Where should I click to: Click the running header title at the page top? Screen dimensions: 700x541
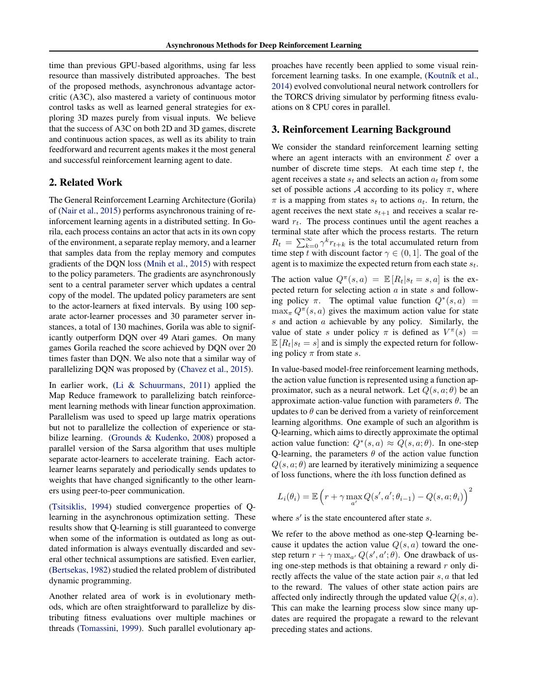coord(263,45)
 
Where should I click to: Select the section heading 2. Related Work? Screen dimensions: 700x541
coord(86,182)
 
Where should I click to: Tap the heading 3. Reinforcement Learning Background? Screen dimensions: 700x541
coord(361,129)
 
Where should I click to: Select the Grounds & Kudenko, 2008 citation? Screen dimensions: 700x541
coord(161,437)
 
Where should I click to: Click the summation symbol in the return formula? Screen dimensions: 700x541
coord(306,242)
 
